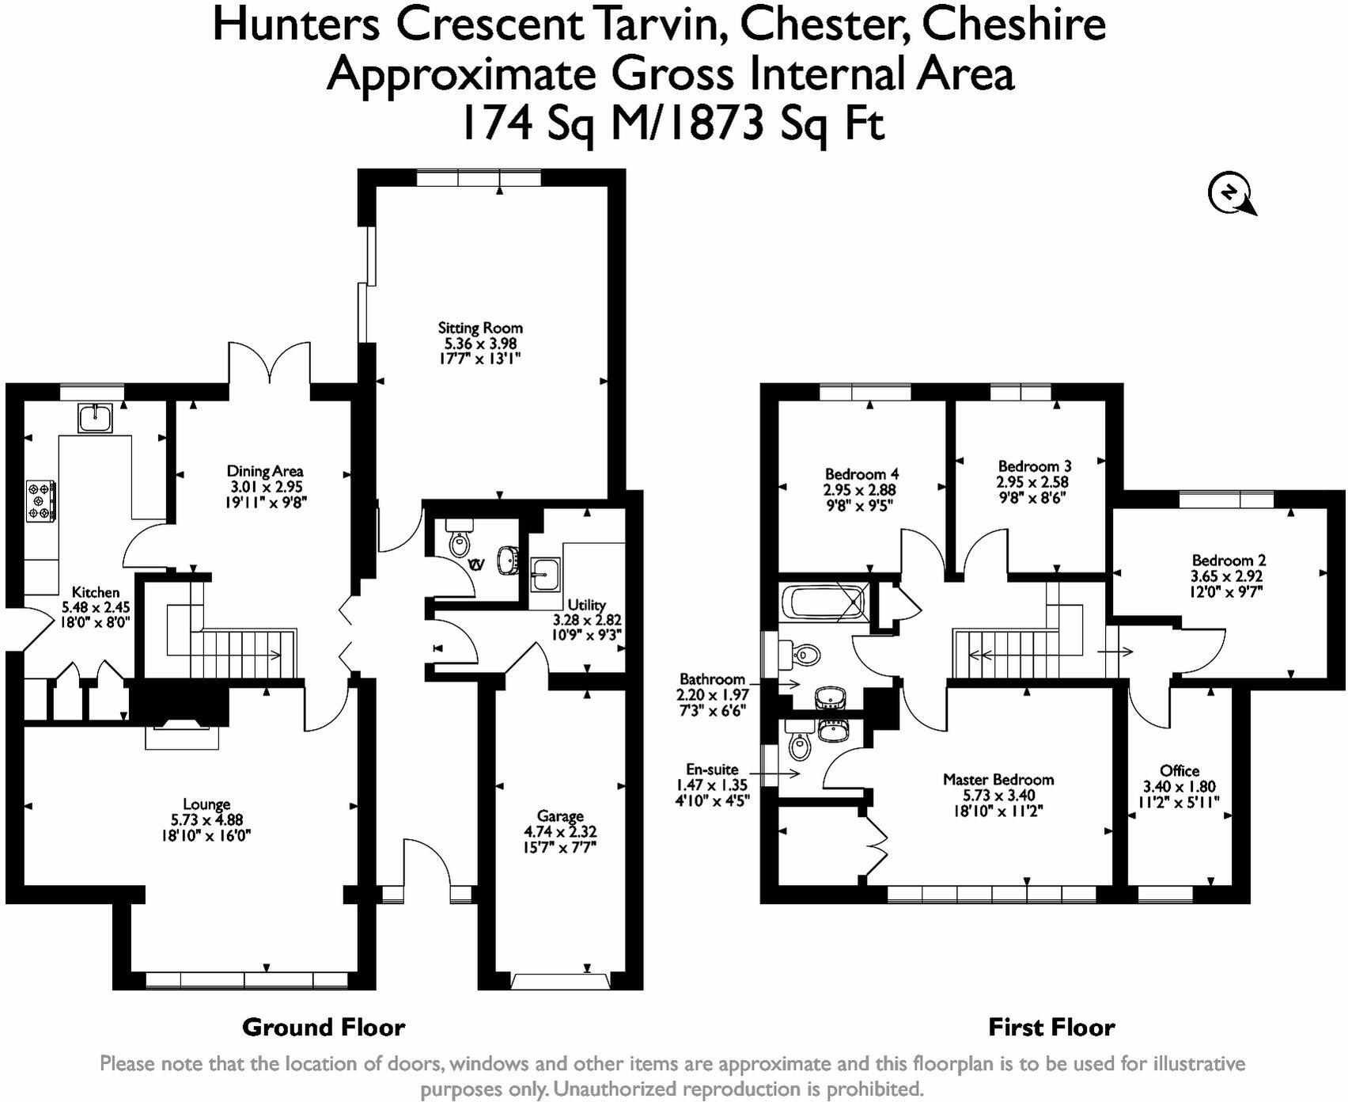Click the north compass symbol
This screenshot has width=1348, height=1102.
pyautogui.click(x=1229, y=193)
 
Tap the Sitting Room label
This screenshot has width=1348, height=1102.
pyautogui.click(x=480, y=328)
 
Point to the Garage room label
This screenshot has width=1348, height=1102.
pyautogui.click(x=560, y=816)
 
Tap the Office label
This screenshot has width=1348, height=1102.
pyautogui.click(x=1179, y=771)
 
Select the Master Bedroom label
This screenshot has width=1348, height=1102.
pyautogui.click(x=998, y=780)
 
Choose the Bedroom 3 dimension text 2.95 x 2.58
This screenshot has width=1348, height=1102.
pyautogui.click(x=1033, y=482)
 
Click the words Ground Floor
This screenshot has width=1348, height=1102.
pyautogui.click(x=324, y=1028)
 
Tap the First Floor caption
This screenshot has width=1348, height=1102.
pyautogui.click(x=1051, y=1028)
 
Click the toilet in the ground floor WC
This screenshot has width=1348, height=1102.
pyautogui.click(x=458, y=541)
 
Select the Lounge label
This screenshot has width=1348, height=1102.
pyautogui.click(x=206, y=805)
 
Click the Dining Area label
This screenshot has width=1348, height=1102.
pyautogui.click(x=265, y=472)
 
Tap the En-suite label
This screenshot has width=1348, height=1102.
pyautogui.click(x=712, y=769)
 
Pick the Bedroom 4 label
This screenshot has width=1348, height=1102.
pyautogui.click(x=861, y=474)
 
